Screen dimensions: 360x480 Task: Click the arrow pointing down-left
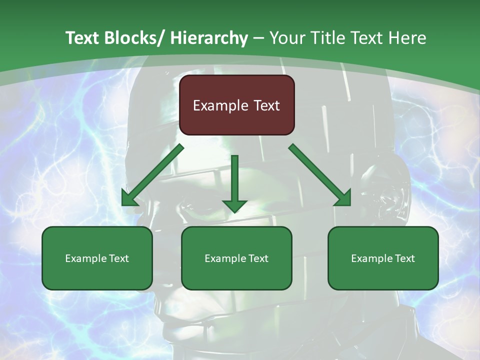click(x=152, y=175)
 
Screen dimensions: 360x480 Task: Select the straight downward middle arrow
click(x=234, y=182)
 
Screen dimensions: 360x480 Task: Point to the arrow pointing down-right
click(x=320, y=175)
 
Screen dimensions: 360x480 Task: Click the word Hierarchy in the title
click(x=209, y=38)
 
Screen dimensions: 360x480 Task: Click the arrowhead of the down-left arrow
click(x=129, y=199)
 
